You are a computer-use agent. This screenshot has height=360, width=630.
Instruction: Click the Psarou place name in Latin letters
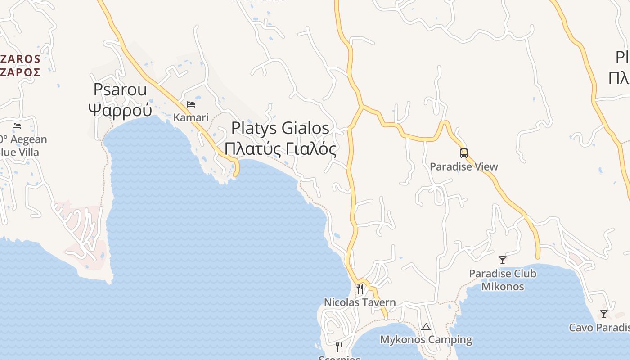point(120,90)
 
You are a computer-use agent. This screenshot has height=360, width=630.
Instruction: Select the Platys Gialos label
point(280,128)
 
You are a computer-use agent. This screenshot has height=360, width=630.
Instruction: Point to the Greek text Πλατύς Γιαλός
point(280,148)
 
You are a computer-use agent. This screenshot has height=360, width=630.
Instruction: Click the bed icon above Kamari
point(191,104)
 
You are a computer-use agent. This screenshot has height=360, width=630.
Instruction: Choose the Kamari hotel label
point(191,118)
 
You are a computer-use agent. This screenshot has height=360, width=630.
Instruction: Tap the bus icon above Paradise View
point(464,153)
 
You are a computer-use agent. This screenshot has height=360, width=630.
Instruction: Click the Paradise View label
point(464,167)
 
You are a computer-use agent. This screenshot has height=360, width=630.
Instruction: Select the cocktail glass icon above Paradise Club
point(503,260)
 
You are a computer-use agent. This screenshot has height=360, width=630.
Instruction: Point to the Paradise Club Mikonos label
point(503,280)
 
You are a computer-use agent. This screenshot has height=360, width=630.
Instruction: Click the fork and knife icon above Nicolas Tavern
point(360,288)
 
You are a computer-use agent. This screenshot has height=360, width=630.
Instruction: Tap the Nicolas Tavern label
point(360,302)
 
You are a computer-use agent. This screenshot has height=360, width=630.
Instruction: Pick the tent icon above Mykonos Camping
point(426,327)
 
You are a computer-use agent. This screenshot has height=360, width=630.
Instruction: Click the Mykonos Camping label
point(426,340)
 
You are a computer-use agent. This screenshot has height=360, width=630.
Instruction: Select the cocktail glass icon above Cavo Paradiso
point(604,314)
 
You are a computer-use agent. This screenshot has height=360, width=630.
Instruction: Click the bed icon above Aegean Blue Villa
point(17,126)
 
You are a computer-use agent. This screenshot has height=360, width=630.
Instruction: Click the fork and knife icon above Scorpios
point(339,346)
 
